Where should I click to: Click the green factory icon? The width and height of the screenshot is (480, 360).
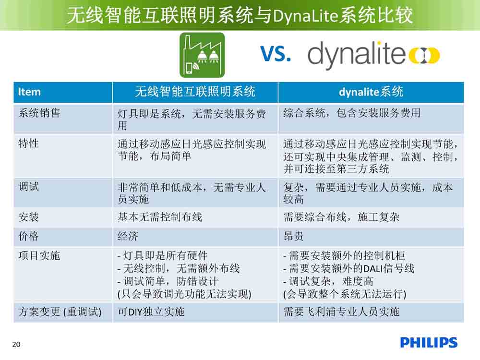click(x=202, y=55)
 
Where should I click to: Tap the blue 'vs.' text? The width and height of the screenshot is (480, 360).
click(x=276, y=53)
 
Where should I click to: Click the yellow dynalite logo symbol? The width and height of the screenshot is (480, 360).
click(x=424, y=55)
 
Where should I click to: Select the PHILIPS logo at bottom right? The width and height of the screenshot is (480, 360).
click(x=429, y=343)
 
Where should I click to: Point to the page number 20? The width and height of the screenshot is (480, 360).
click(x=16, y=344)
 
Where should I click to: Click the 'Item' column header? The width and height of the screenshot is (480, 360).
click(x=29, y=92)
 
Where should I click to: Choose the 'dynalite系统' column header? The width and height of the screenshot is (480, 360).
click(x=371, y=92)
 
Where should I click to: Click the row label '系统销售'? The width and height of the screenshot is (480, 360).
click(x=39, y=113)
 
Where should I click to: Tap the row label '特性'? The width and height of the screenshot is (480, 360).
click(x=28, y=143)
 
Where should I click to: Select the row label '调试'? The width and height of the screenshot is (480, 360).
click(x=29, y=187)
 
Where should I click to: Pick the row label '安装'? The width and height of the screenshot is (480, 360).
click(x=29, y=217)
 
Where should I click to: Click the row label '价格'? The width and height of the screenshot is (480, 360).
click(x=29, y=236)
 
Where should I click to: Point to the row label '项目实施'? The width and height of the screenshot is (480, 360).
click(x=39, y=256)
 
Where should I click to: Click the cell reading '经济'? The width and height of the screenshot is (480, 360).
click(x=128, y=236)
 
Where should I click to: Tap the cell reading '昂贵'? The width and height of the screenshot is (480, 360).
click(x=294, y=236)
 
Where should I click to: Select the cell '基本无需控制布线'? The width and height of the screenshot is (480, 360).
click(x=160, y=217)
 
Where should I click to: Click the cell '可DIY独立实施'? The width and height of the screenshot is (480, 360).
click(x=151, y=312)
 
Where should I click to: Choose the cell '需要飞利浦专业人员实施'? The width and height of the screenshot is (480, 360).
click(x=341, y=312)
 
